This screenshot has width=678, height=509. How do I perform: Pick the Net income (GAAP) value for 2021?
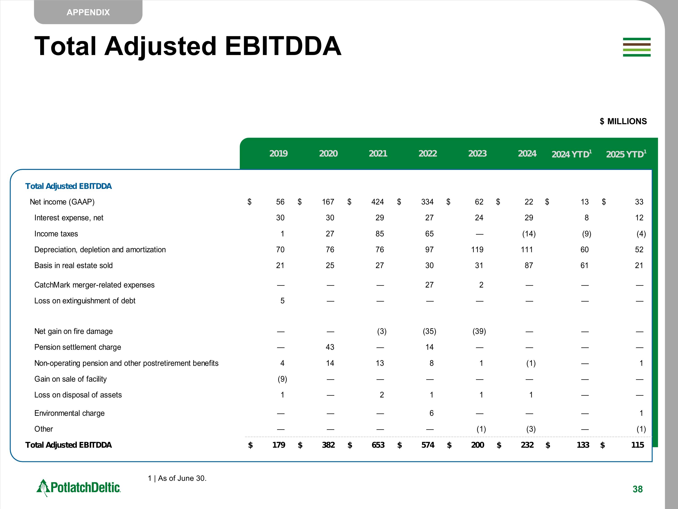click(377, 202)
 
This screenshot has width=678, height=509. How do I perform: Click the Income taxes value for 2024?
click(529, 234)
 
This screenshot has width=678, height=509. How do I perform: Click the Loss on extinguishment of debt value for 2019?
click(282, 301)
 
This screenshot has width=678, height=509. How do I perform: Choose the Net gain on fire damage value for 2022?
click(429, 331)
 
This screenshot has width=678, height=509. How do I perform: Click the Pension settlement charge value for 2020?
click(330, 347)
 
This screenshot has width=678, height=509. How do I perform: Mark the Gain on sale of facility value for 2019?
click(282, 379)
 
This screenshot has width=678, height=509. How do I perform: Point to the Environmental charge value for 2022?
click(431, 413)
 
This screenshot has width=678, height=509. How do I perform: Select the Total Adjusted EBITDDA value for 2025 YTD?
click(637, 445)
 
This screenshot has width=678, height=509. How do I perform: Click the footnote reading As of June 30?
click(177, 478)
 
